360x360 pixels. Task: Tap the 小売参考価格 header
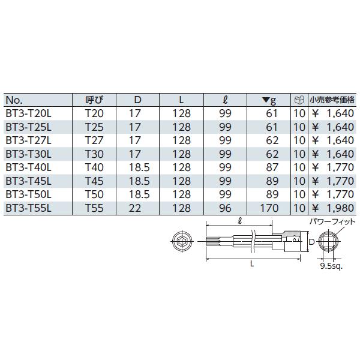pos(332,100)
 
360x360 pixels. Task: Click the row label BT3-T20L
pos(28,113)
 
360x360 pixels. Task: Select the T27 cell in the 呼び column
pos(94,139)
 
